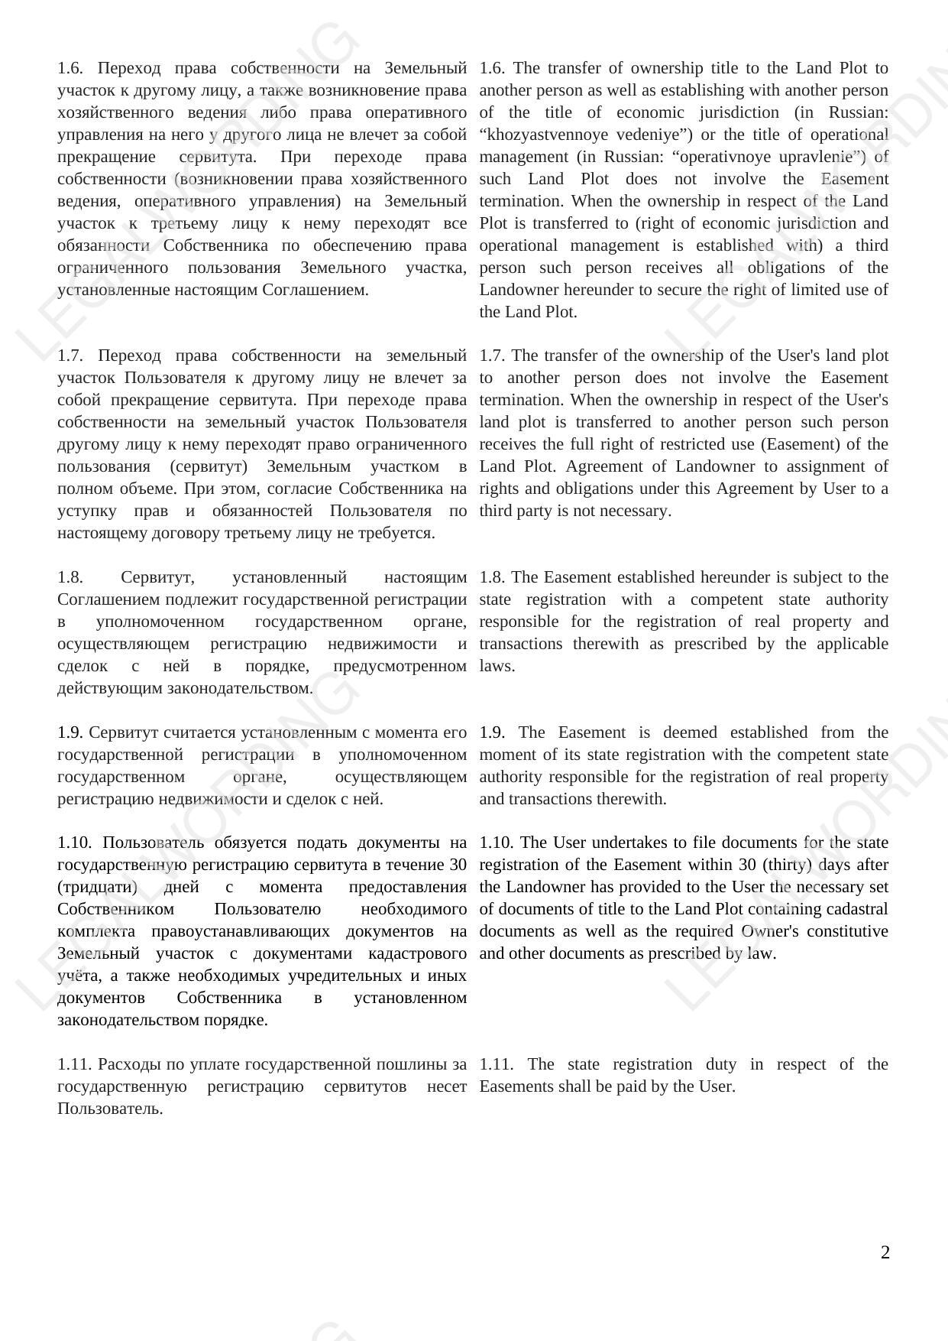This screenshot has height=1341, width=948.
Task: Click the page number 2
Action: coord(885,1252)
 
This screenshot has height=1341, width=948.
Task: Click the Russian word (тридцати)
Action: coord(97,887)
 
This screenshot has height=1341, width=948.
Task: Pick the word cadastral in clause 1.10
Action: coord(853,909)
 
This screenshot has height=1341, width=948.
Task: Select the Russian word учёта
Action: coord(79,976)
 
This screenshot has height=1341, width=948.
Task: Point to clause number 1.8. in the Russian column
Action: coord(70,577)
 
